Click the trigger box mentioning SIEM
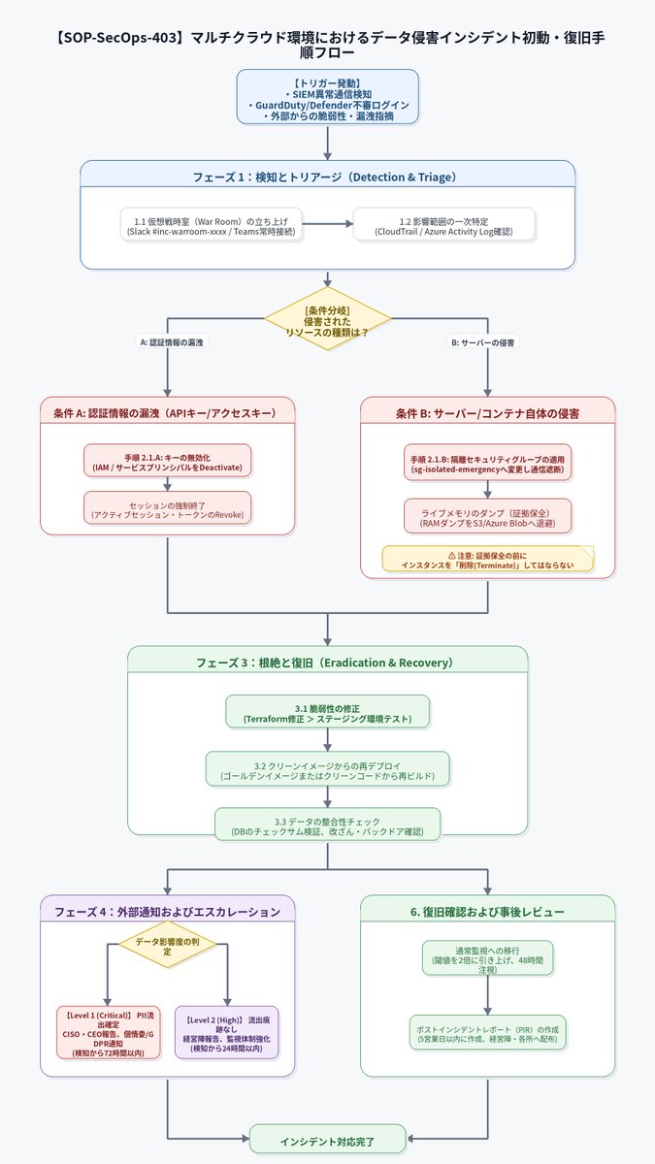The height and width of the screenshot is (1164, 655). tap(328, 97)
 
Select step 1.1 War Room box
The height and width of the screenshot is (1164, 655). tap(212, 224)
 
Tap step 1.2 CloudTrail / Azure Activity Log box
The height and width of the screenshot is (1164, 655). tap(444, 224)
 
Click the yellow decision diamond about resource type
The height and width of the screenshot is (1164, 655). tap(328, 318)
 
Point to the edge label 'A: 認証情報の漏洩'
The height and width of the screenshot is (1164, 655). tap(172, 341)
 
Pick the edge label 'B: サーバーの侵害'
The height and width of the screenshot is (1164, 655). tap(483, 342)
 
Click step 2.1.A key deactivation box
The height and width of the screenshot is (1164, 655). tap(167, 461)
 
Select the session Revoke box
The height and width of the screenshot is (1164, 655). tap(167, 508)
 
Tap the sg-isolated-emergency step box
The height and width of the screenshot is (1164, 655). tap(487, 463)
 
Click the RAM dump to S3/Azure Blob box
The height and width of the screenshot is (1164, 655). tap(487, 516)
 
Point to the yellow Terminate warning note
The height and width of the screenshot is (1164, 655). tap(488, 559)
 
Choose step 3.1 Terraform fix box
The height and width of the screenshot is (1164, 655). tap(328, 712)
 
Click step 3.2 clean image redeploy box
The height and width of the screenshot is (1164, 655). tap(328, 768)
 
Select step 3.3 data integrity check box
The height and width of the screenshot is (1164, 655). tap(328, 824)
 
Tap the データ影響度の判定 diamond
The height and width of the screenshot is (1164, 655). tap(167, 945)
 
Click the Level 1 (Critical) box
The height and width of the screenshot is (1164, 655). tap(109, 1033)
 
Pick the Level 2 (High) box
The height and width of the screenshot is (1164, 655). tap(227, 1033)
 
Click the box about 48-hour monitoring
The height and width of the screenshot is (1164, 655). tap(487, 957)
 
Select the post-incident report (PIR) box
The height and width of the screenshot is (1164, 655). tap(487, 1032)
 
